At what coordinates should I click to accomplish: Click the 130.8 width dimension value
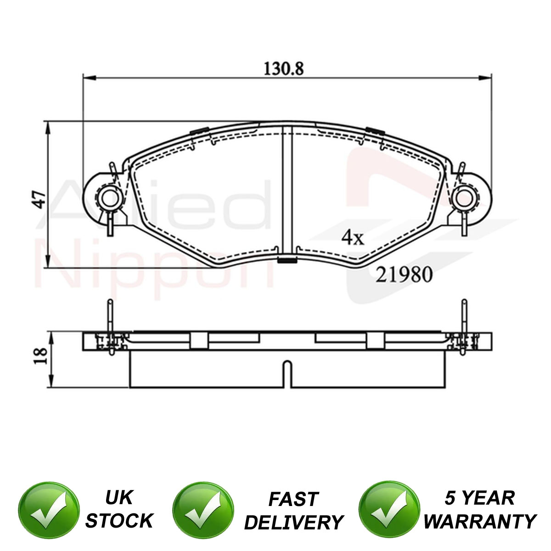(283, 68)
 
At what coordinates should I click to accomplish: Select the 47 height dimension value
(39, 199)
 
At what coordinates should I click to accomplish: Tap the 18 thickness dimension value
(40, 356)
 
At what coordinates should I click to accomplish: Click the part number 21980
(404, 275)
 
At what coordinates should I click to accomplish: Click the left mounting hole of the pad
(109, 198)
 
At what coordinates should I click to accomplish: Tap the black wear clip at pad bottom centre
(287, 260)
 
